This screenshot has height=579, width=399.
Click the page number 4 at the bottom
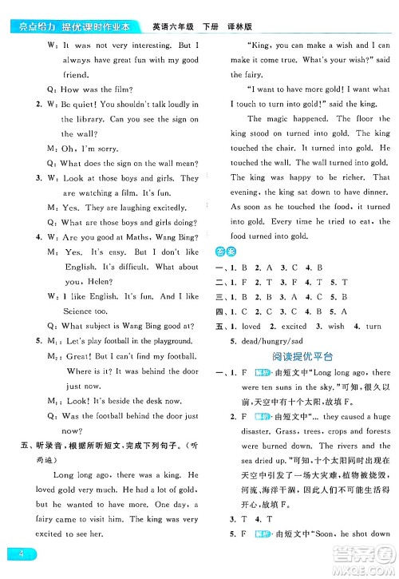pyautogui.click(x=14, y=555)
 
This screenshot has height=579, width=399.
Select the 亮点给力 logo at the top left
pyautogui.click(x=26, y=9)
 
